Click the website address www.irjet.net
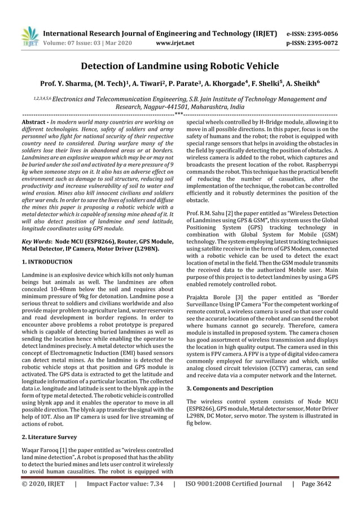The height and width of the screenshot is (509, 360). click(174, 42)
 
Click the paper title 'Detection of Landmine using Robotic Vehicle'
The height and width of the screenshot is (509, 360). click(180, 66)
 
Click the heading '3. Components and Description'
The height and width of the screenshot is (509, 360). click(229, 389)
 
